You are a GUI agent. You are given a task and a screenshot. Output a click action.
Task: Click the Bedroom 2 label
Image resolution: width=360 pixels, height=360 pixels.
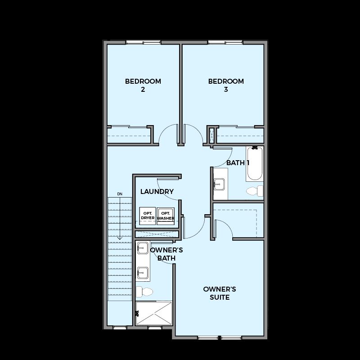[143, 85]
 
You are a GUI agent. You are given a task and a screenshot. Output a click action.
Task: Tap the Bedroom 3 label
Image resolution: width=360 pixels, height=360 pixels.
[226, 85]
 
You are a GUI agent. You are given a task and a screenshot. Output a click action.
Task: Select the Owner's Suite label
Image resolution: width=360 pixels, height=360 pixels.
[220, 293]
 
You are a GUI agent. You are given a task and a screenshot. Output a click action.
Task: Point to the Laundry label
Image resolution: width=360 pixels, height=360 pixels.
[157, 192]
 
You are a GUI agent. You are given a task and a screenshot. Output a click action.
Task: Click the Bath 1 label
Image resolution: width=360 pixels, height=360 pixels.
[238, 163]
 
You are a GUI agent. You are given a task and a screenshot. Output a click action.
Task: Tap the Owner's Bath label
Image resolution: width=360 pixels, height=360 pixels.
[166, 254]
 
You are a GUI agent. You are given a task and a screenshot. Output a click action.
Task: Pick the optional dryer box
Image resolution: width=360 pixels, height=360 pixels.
[148, 216]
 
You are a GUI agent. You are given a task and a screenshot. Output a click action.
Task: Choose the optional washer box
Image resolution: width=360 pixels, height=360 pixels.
[166, 216]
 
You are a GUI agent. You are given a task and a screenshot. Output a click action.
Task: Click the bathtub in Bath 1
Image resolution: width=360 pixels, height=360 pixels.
[255, 163]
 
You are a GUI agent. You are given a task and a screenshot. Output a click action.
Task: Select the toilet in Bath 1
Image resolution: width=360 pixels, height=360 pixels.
[255, 191]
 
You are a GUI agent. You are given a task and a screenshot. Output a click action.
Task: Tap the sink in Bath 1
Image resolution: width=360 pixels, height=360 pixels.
[219, 184]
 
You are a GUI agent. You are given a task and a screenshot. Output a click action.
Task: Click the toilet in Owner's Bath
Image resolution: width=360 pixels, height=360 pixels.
[144, 292]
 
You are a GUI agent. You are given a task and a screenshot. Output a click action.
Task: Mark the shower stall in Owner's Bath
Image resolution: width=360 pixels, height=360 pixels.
[154, 313]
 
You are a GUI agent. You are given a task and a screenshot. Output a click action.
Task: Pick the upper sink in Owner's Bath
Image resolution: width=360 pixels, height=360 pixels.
[143, 248]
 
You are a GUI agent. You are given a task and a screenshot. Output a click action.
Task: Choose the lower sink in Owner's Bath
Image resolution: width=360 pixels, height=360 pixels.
[143, 273]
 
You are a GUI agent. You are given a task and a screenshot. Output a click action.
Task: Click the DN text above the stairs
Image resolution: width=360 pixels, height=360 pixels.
[120, 194]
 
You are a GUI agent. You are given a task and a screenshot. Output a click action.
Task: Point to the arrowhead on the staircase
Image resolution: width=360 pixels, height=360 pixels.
[120, 238]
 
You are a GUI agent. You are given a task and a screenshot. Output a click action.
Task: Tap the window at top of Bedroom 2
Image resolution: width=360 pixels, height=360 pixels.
[143, 42]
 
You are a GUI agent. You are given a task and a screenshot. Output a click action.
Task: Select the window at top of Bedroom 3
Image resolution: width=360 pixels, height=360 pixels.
[225, 42]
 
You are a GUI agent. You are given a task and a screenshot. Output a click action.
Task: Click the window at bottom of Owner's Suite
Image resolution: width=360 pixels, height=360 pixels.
[220, 338]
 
